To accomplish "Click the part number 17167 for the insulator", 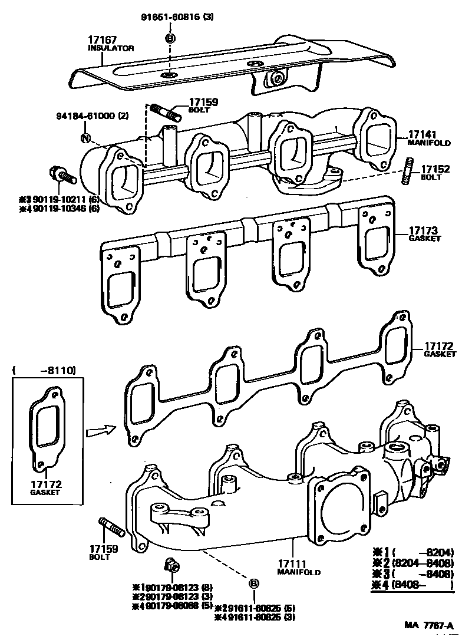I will pyautogui.click(x=101, y=39).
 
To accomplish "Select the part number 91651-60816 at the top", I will pyautogui.click(x=170, y=17).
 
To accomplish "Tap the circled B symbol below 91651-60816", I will pyautogui.click(x=170, y=38).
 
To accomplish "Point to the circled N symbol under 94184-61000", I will pyautogui.click(x=85, y=139).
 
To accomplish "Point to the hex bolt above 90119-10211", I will pyautogui.click(x=58, y=174).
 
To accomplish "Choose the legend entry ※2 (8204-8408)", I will pyautogui.click(x=412, y=563).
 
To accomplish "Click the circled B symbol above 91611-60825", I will pyautogui.click(x=254, y=583).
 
